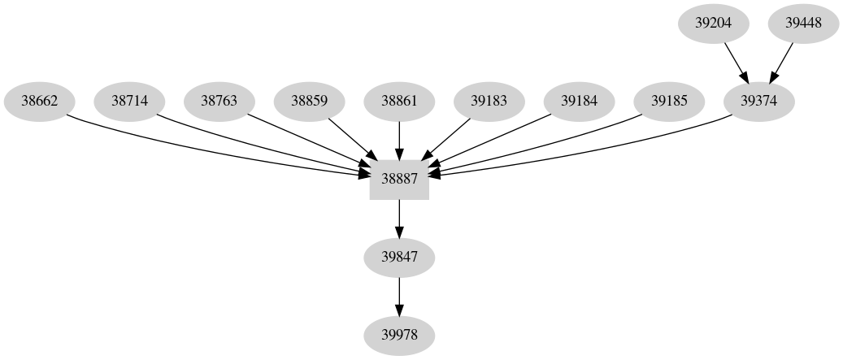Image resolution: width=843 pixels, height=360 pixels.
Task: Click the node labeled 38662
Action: (x=39, y=102)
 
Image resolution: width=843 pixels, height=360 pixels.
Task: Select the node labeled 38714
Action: (x=129, y=102)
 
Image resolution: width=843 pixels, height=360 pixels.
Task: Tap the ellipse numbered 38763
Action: (x=219, y=102)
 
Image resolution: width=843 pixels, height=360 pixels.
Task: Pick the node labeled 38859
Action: (x=309, y=102)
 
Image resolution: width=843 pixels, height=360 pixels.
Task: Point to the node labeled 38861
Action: (x=399, y=102)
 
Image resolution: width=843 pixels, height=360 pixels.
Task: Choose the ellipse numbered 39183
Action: (x=489, y=102)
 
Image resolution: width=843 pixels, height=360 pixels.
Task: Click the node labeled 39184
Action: (x=579, y=102)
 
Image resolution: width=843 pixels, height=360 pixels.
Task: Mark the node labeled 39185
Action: (x=669, y=102)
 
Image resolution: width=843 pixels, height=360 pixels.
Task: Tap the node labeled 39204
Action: (x=714, y=24)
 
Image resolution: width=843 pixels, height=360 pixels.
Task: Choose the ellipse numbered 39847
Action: (x=399, y=258)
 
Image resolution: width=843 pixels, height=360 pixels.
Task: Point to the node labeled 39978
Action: (x=399, y=335)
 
